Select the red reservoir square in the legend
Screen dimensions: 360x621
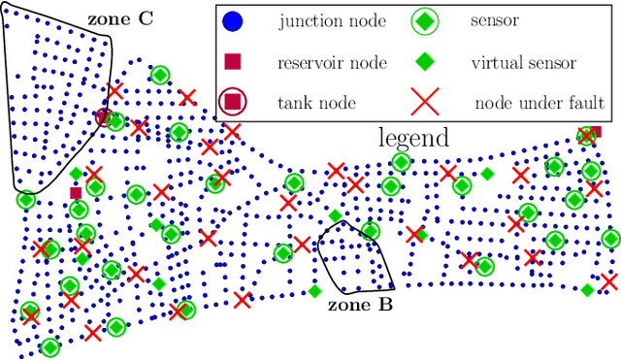point(234,63)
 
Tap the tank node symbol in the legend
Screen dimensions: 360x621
point(234,101)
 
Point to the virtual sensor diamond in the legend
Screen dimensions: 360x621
point(421,63)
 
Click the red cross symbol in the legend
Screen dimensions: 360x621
point(421,101)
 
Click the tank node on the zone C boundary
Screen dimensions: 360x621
point(104,117)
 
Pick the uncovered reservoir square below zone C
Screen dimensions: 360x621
point(76,193)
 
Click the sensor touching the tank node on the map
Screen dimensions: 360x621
point(115,122)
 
